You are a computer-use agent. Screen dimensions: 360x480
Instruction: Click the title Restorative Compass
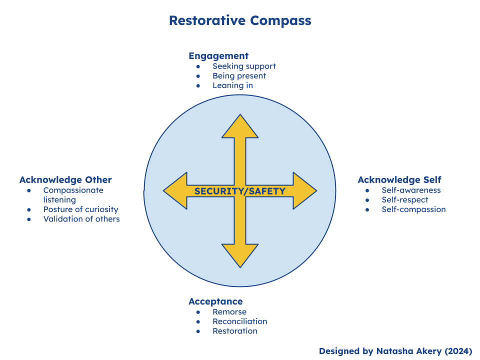pos(240,20)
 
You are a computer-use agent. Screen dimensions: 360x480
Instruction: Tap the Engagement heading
pos(218,56)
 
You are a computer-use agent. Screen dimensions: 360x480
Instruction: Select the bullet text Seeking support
pos(244,66)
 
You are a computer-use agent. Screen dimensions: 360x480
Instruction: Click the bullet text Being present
pos(239,76)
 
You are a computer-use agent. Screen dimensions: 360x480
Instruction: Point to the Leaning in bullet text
pos(232,85)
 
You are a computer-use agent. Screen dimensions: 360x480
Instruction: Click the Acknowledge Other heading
pos(65,180)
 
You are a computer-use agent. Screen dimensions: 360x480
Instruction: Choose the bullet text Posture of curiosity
pos(81,209)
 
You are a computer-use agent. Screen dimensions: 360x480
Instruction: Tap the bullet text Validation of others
pos(81,219)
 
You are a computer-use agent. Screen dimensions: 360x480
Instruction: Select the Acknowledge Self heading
pos(399,180)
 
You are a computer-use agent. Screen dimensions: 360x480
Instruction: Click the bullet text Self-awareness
pos(411,190)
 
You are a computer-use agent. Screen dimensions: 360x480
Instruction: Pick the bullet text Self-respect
pos(405,200)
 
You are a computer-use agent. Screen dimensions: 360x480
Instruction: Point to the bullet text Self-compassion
pos(413,209)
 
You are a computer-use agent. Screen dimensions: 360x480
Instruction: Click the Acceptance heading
pos(215,301)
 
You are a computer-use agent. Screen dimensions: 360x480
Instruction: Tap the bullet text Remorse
pos(229,312)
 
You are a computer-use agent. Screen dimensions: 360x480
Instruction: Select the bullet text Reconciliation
pos(239,321)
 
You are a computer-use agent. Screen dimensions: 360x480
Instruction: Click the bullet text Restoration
pos(235,331)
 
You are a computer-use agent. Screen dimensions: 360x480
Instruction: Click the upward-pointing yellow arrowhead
pos(240,127)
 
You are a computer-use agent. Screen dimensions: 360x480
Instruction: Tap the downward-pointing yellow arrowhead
pos(240,255)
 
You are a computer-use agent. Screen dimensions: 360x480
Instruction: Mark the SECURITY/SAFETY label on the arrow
pos(240,191)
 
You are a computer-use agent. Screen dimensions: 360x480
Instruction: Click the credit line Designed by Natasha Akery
pos(395,351)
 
